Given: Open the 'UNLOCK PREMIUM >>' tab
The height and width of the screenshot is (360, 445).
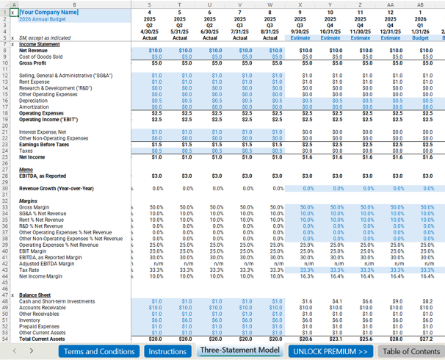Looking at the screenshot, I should coord(330,351).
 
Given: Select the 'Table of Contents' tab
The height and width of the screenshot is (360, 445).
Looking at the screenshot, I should coord(411,351).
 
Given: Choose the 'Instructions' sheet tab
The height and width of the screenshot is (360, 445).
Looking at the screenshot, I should coord(167,351).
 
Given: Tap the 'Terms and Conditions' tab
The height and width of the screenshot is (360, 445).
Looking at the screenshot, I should coord(99,351).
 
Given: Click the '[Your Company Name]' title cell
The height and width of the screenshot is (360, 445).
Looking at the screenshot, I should coord(49,12).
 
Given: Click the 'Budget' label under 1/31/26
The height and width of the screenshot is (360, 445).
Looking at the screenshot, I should coord(423,37).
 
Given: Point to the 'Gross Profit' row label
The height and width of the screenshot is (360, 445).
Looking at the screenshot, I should coord(35,62).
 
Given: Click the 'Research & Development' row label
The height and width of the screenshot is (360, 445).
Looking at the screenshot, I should coord(51,87).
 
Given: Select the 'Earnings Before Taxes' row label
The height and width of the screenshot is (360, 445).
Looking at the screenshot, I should coord(45,144).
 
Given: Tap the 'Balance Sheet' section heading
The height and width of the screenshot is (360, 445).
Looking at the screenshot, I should coord(35,294).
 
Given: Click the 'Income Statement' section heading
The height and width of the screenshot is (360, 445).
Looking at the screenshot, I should coord(40,44).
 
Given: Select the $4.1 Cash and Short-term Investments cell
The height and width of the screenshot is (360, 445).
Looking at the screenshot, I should coord(336,301).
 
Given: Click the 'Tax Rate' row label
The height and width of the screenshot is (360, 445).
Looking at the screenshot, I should coord(31,270).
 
